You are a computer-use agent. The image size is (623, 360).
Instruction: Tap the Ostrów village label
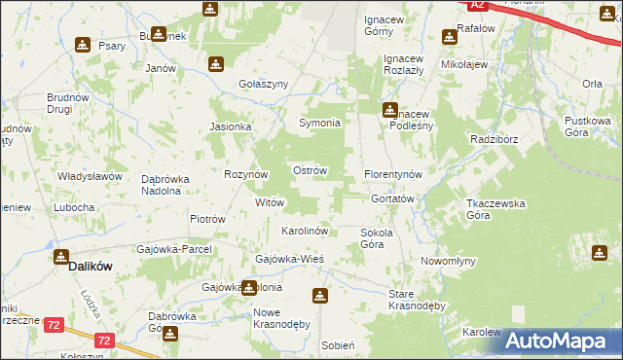310,170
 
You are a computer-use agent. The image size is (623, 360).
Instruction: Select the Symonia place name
318,124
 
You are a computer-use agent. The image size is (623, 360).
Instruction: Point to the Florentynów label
393,173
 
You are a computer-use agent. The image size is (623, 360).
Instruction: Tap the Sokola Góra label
377,238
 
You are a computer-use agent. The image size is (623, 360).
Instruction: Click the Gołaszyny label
264,85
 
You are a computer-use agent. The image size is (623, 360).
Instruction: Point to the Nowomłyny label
448,262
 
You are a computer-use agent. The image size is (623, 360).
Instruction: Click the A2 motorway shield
477,5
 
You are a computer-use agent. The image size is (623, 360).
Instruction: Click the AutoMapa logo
559,341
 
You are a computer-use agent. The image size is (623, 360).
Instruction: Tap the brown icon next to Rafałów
449,37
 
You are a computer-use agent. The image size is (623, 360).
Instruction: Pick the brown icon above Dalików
61,257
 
